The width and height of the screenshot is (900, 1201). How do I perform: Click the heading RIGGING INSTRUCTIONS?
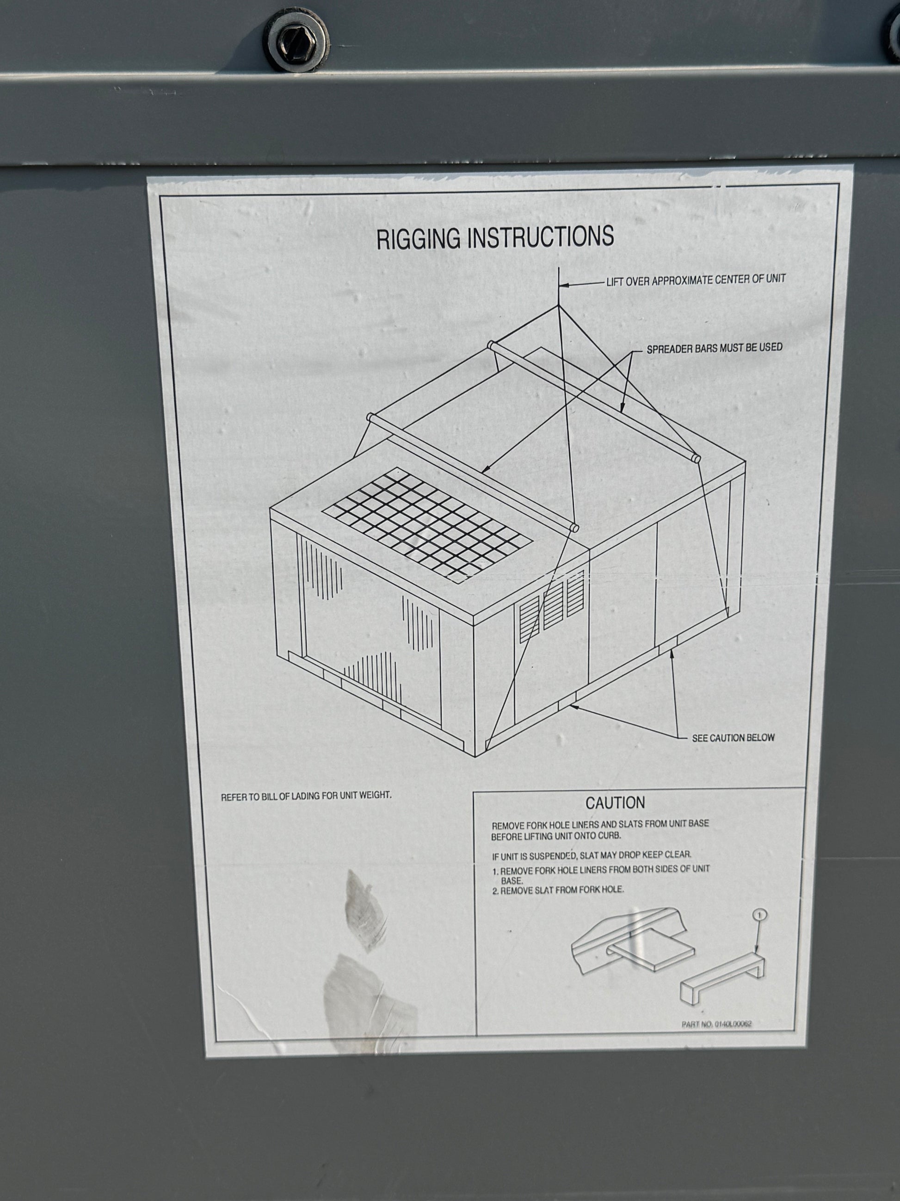pos(495,237)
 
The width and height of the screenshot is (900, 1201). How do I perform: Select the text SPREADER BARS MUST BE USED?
pos(715,348)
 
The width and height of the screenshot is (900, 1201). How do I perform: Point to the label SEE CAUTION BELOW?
pos(733,738)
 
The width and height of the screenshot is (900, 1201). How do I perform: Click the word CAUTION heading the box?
pos(615,803)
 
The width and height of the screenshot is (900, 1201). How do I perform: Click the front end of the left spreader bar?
pos(574,527)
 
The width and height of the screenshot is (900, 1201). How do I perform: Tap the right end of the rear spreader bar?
pos(695,458)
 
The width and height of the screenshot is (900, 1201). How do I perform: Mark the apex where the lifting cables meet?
pos(558,305)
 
